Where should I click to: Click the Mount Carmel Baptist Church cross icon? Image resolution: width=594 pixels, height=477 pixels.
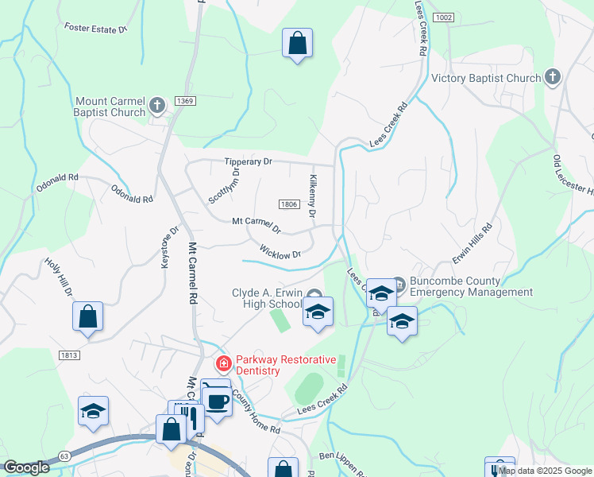[x=157, y=104]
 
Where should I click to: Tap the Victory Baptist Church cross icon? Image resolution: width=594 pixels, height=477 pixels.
[x=553, y=77]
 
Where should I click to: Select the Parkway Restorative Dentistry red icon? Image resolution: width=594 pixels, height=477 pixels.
[x=224, y=364]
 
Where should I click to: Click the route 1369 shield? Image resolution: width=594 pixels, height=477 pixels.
[x=185, y=100]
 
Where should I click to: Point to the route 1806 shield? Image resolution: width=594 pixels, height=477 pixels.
[x=288, y=204]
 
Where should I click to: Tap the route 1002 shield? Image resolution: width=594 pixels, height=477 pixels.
[x=445, y=17]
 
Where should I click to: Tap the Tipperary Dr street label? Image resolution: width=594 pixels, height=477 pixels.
[x=248, y=161]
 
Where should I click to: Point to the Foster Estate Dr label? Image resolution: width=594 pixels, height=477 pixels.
[x=97, y=29]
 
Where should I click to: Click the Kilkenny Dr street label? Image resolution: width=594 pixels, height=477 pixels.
[x=313, y=197]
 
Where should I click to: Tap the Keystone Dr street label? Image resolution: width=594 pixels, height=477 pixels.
[x=170, y=248]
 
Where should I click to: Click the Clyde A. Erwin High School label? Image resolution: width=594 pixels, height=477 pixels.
[x=267, y=298]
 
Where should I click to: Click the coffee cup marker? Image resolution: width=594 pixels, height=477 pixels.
[x=217, y=400]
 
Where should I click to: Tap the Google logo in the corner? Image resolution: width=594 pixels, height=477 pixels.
[x=26, y=468]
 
